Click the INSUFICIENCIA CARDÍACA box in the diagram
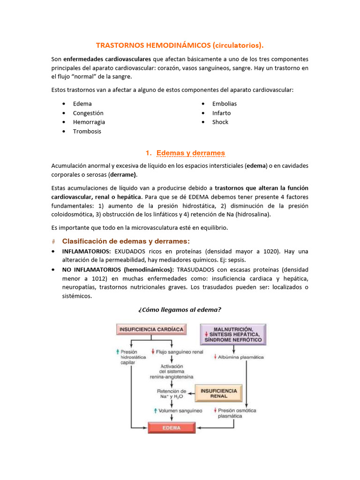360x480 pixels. pyautogui.click(x=151, y=329)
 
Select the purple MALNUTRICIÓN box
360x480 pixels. pyautogui.click(x=233, y=335)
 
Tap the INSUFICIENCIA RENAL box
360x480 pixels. pyautogui.click(x=218, y=393)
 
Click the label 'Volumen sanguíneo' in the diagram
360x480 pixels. pyautogui.click(x=180, y=411)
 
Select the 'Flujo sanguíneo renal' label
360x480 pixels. pyautogui.click(x=173, y=352)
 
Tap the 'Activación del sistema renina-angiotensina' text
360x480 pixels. pyautogui.click(x=172, y=371)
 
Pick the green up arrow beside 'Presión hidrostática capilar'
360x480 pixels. pyautogui.click(x=118, y=352)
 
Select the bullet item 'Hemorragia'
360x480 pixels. pyautogui.click(x=89, y=122)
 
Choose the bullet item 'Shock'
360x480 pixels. pyautogui.click(x=220, y=122)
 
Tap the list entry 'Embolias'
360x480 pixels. pyautogui.click(x=225, y=104)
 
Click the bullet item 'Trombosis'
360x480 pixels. pyautogui.click(x=87, y=131)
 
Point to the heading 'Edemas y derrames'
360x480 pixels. pyautogui.click(x=190, y=153)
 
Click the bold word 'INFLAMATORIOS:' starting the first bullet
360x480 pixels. pyautogui.click(x=87, y=252)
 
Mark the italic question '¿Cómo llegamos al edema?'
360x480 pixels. pyautogui.click(x=180, y=309)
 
